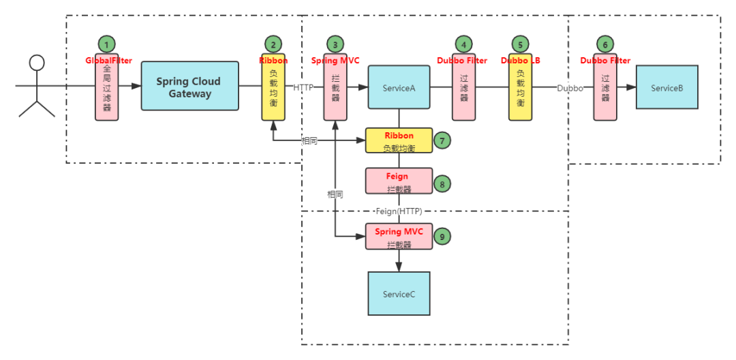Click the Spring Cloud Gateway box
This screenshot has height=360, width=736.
coord(190,86)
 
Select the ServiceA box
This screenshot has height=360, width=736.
coord(399,87)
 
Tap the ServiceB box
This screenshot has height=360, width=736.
coord(667,87)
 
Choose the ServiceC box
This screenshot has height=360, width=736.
coord(399,294)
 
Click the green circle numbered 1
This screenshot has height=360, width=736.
coord(106,44)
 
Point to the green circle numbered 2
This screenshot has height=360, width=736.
coord(273,44)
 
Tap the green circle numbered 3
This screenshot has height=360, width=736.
coord(335,44)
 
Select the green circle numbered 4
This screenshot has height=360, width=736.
coord(464,44)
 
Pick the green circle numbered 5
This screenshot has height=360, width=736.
coord(520,44)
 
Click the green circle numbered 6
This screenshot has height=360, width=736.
coord(605,44)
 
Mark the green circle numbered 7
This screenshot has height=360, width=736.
coord(442,140)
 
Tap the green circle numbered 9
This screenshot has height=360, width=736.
coord(442,236)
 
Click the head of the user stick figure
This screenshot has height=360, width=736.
coord(37,63)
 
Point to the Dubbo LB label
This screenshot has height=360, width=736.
coord(521,61)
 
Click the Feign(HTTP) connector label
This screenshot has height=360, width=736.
coord(399,211)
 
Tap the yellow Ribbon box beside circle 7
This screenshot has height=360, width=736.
coord(399,140)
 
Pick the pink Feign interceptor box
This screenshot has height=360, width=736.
coord(399,181)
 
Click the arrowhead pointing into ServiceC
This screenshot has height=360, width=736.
coord(399,267)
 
